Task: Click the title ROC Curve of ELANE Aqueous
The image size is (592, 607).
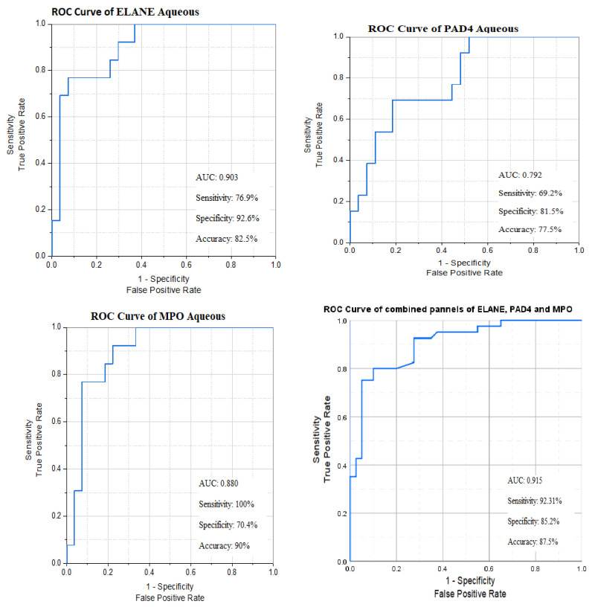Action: click(x=126, y=12)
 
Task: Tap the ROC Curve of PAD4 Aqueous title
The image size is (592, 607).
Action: click(x=443, y=29)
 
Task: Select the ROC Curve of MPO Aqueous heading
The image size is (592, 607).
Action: click(x=158, y=316)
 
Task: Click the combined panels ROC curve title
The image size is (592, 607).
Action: click(x=448, y=309)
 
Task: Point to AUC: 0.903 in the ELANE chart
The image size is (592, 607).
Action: click(x=216, y=177)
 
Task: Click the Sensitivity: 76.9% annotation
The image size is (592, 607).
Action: click(x=227, y=198)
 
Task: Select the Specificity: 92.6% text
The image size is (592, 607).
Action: click(x=228, y=219)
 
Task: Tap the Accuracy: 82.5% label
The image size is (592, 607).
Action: click(x=226, y=239)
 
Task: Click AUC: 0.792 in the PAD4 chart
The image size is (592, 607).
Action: click(x=520, y=175)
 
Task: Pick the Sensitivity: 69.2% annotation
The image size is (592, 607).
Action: click(x=530, y=193)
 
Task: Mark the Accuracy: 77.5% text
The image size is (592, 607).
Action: click(x=530, y=230)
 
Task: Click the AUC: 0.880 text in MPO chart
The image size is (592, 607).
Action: click(x=218, y=484)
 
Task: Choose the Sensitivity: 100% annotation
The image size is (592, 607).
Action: click(x=226, y=504)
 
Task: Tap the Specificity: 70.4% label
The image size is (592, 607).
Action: click(x=228, y=525)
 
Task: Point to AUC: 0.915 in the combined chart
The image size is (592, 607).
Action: click(x=524, y=481)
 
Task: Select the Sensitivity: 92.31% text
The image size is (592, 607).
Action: click(x=534, y=501)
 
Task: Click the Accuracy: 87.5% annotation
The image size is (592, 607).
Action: click(x=533, y=542)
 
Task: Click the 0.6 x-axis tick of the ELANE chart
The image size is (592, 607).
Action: click(x=186, y=265)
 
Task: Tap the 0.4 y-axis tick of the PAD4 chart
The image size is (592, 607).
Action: click(x=338, y=160)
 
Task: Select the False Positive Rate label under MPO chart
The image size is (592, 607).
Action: click(x=170, y=598)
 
